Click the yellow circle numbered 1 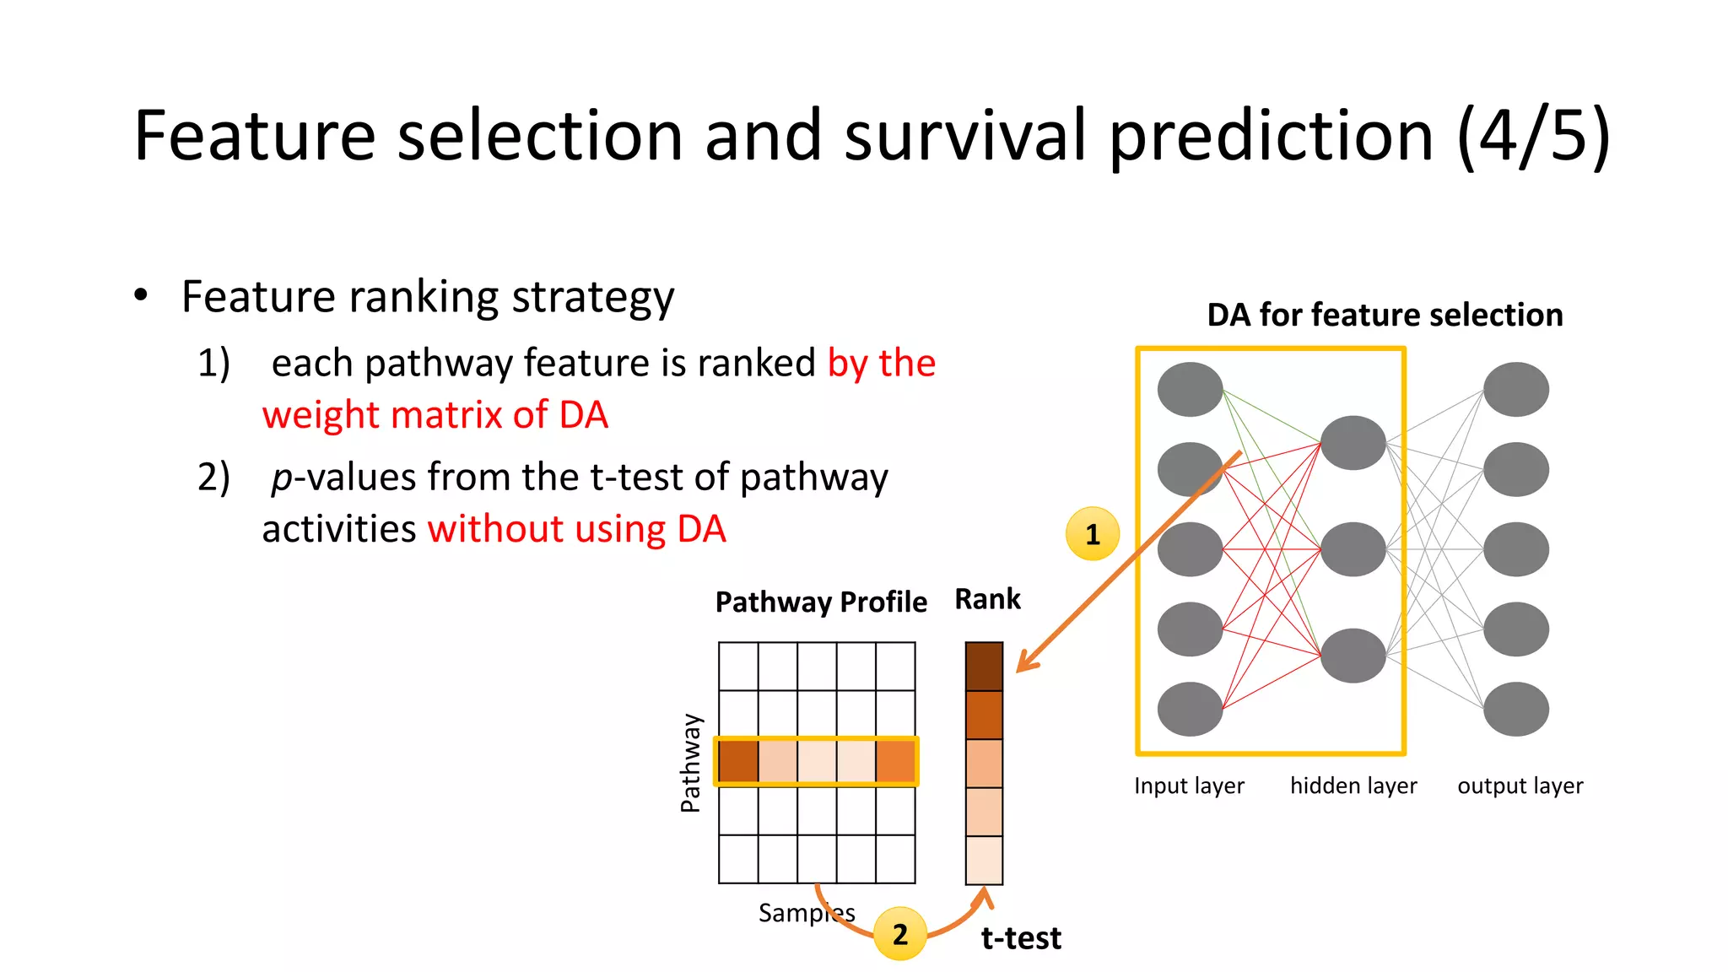click(1093, 534)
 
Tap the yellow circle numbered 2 click(899, 934)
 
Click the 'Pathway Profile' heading click(821, 602)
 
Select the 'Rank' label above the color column click(987, 599)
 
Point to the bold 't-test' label click(1021, 938)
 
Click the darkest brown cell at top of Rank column click(984, 667)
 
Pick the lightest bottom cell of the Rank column click(984, 860)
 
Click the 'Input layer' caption click(1189, 786)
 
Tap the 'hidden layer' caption click(1353, 786)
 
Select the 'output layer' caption click(1520, 786)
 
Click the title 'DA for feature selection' click(1385, 315)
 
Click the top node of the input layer click(1190, 390)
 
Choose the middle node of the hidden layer click(1353, 549)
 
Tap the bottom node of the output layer click(1515, 709)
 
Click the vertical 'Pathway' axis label click(690, 763)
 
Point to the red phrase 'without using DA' click(577, 529)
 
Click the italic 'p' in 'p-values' click(282, 478)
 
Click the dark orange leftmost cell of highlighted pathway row click(738, 761)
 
